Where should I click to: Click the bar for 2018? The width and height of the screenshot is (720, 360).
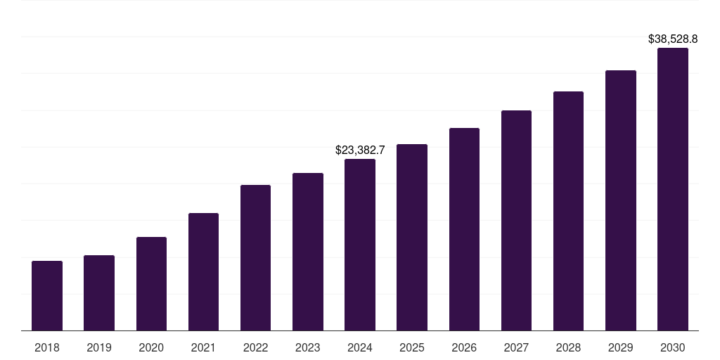pos(47,295)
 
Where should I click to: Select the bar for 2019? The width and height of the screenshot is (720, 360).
pos(99,292)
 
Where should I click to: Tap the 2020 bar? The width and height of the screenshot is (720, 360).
pos(151,283)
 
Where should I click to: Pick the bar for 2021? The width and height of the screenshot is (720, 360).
pos(203,271)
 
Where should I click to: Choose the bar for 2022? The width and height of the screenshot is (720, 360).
pos(255,257)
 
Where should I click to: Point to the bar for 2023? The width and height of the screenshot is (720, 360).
pos(308,252)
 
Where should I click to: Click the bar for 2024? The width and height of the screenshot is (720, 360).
pos(360,245)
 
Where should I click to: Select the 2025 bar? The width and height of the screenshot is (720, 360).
pos(412,237)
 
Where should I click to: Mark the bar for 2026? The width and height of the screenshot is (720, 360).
pos(464,229)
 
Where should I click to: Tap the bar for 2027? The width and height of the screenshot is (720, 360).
pos(516,220)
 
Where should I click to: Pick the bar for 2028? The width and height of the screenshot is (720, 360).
pos(568,211)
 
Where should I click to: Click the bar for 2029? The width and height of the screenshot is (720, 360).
pos(621,200)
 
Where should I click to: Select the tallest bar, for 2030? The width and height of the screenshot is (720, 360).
pos(673,189)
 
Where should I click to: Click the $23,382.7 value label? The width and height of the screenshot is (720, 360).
pos(360,150)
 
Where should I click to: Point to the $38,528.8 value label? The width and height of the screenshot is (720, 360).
pos(673,39)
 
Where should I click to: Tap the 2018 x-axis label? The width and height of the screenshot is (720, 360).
pos(47,347)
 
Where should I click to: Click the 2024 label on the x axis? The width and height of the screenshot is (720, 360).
pos(360,347)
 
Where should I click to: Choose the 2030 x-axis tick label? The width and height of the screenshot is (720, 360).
pos(673,347)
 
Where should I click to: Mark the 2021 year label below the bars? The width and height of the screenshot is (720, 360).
pos(203,347)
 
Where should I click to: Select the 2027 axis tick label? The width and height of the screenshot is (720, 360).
pos(516,347)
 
